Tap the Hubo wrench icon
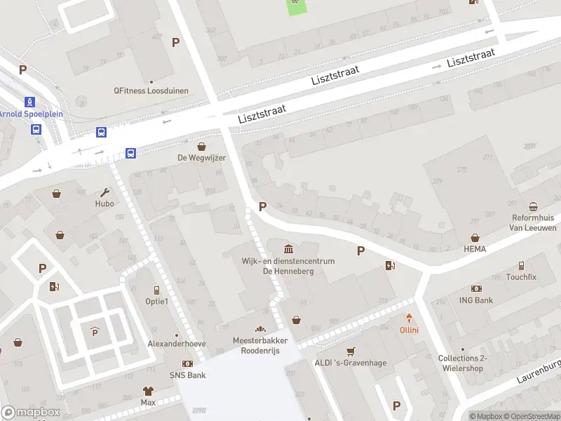105,192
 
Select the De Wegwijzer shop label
202,158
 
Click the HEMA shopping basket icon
475,238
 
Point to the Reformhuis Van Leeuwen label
533,223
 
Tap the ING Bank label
477,300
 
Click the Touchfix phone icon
521,266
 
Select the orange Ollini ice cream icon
409,319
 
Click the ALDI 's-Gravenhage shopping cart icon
351,352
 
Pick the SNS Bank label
187,375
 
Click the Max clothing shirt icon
147,391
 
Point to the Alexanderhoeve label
177,344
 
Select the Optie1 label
156,301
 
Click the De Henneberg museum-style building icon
289,249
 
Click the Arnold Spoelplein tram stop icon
29,102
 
